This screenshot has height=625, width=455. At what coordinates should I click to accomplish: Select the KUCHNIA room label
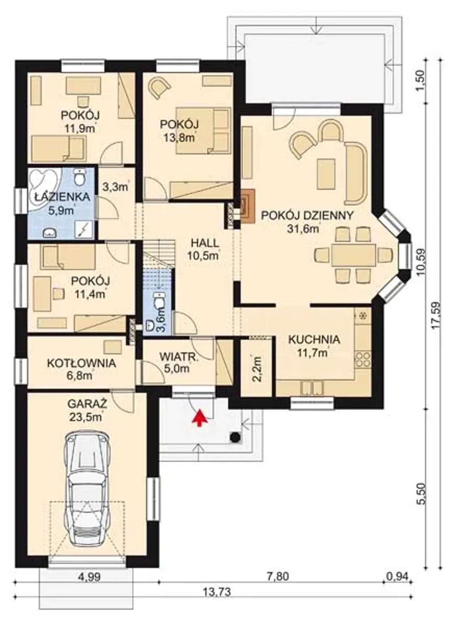coord(314,339)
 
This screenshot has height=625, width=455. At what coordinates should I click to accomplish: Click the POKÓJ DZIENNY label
coord(307,216)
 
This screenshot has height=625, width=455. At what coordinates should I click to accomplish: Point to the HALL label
coord(205,243)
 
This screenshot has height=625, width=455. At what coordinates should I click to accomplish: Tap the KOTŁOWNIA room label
coord(81,363)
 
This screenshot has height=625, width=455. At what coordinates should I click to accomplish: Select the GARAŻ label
coord(87,404)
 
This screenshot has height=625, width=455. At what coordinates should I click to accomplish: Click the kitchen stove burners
coord(363,359)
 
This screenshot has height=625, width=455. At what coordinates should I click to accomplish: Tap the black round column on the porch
coord(235,437)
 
